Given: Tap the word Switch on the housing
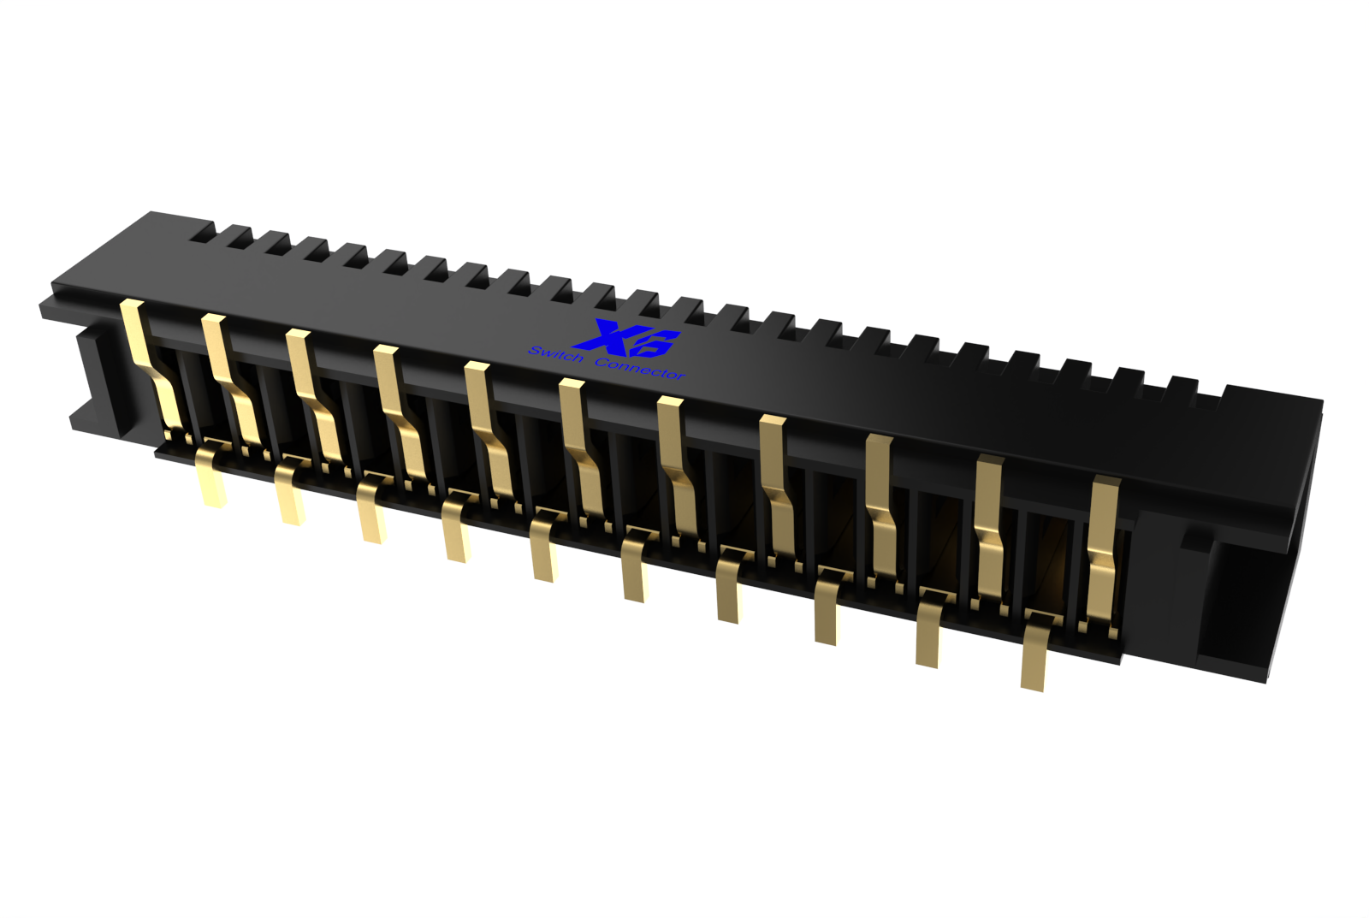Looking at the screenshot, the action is click(555, 354).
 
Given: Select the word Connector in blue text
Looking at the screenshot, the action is click(640, 369).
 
